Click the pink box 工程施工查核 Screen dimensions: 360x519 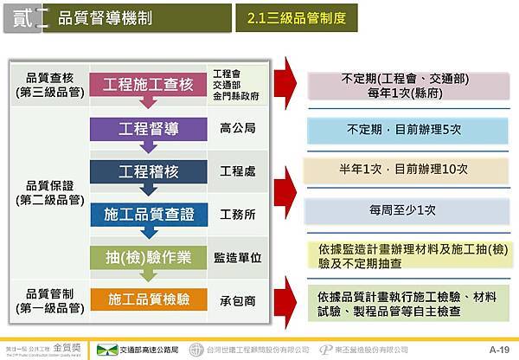coord(148,84)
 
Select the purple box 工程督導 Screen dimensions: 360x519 coord(148,129)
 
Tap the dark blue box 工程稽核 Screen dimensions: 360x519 coord(148,171)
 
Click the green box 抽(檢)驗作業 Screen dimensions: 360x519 coord(148,256)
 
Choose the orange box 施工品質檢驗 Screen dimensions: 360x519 coord(148,299)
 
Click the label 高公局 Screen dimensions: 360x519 coord(237,129)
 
